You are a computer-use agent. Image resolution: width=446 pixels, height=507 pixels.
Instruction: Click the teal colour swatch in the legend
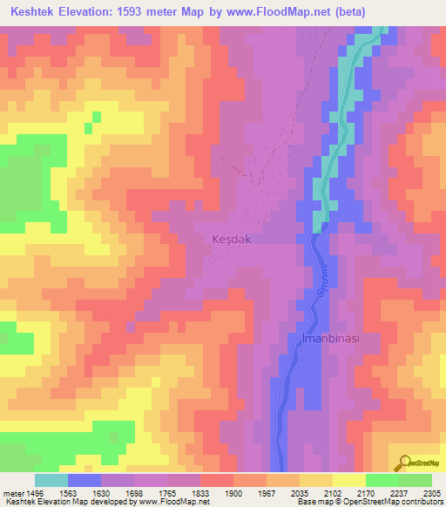[x=51, y=480]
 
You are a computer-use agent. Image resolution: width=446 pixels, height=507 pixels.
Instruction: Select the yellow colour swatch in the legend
[x=348, y=480]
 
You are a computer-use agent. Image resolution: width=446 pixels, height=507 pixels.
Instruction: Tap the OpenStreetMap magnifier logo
[x=404, y=462]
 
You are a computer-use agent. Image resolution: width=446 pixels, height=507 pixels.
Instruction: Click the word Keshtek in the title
[x=34, y=11]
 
